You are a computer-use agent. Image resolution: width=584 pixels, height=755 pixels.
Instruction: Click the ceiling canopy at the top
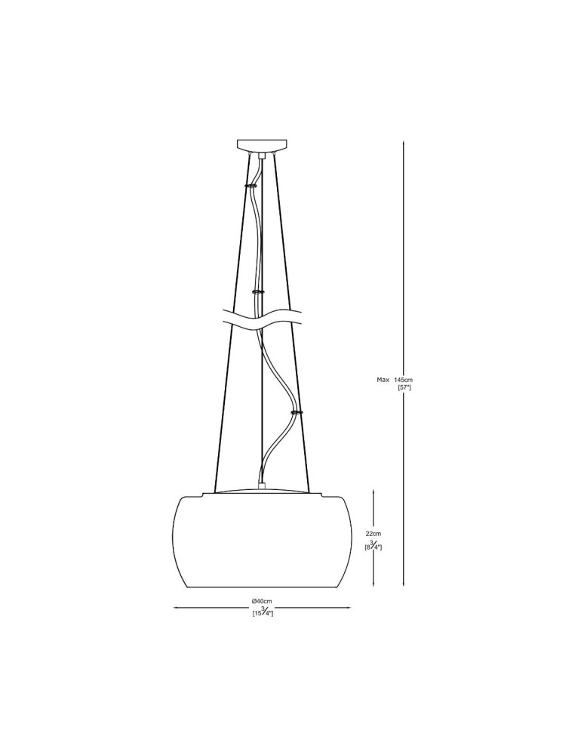262,144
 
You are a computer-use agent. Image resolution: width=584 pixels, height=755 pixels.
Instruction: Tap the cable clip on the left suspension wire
250,183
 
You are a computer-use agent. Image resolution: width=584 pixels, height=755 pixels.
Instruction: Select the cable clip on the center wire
258,291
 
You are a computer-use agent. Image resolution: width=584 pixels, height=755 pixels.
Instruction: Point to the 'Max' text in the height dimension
383,379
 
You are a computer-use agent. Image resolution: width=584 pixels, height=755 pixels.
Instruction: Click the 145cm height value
404,379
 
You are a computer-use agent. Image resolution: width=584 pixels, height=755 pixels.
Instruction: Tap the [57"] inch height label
404,387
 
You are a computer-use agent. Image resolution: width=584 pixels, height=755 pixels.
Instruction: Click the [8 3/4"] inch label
373,545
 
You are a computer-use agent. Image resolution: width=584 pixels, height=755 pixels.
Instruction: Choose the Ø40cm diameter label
262,600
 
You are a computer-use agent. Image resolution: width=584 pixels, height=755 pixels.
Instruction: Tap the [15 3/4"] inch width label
262,612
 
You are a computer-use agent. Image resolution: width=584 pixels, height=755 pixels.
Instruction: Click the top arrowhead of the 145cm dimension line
404,142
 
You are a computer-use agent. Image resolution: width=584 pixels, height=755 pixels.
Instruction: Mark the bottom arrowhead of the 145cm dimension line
404,584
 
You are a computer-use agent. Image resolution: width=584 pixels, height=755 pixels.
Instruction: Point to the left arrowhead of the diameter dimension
177,607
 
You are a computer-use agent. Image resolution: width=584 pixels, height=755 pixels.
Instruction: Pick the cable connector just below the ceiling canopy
262,156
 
